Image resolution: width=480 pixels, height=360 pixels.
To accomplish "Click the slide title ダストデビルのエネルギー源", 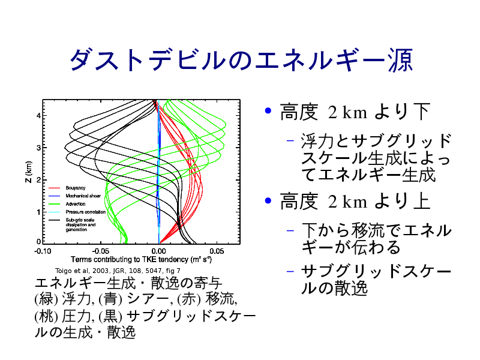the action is (242, 60).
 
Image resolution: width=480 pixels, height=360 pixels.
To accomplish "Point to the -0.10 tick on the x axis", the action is (43, 251).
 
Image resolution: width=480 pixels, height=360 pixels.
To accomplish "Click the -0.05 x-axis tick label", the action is (101, 251).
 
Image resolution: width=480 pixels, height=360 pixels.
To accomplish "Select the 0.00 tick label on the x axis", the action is (159, 251).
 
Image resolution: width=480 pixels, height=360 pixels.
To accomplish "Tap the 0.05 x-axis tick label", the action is (217, 251).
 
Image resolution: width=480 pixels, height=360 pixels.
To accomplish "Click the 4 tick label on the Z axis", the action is (38, 115).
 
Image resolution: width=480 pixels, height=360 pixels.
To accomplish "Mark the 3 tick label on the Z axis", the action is (38, 148).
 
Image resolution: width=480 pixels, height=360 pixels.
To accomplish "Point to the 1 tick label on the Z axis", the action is (38, 212).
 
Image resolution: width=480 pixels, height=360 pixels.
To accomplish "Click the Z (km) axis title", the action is (28, 172).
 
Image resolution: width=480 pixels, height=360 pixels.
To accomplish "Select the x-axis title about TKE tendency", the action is (141, 260).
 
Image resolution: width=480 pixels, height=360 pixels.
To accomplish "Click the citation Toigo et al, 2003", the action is (118, 271).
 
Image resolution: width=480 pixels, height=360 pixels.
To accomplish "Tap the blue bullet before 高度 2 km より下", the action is (268, 110).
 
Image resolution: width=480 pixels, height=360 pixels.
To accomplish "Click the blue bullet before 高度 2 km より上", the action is (268, 201).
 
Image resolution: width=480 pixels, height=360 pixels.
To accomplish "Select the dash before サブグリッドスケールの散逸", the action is (290, 272).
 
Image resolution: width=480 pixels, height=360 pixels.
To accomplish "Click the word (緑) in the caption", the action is (46, 299).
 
